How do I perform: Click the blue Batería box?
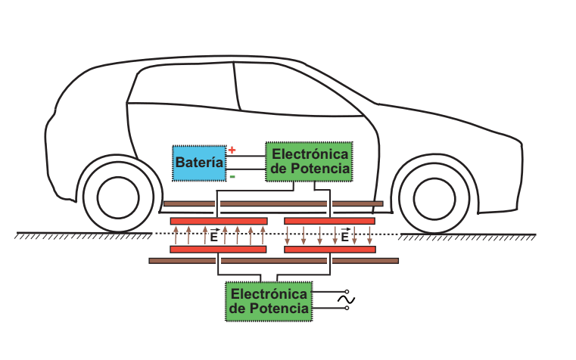click(x=199, y=163)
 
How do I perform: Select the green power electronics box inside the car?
click(x=309, y=161)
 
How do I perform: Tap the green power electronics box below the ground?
click(x=269, y=301)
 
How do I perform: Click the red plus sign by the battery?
click(x=232, y=150)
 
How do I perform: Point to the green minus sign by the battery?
click(x=232, y=177)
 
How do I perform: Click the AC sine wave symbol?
click(x=346, y=300)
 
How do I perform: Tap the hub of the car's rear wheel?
click(x=118, y=197)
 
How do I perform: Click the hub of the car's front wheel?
click(x=434, y=199)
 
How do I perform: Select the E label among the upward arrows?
click(x=213, y=237)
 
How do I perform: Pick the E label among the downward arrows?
click(x=344, y=237)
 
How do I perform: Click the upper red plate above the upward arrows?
click(x=219, y=221)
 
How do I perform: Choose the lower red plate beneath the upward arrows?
click(x=218, y=249)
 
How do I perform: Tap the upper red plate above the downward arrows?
click(x=329, y=221)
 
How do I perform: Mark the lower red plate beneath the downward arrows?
click(x=330, y=249)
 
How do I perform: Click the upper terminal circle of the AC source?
click(x=347, y=292)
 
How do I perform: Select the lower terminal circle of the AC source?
click(x=347, y=308)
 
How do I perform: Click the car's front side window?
click(x=297, y=90)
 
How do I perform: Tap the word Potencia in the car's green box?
click(x=320, y=169)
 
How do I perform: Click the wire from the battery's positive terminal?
click(x=246, y=156)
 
